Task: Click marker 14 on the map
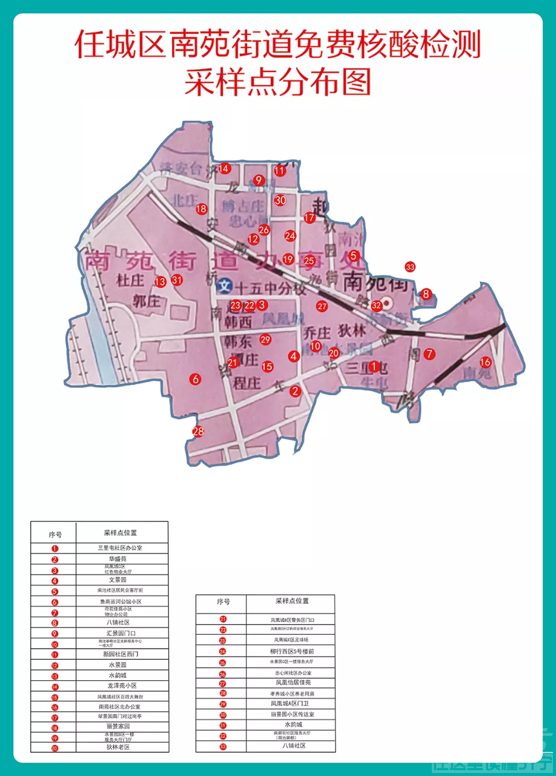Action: click(x=224, y=168)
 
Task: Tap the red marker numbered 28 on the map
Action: click(x=198, y=432)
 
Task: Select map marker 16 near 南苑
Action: click(x=485, y=362)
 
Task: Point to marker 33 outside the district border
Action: click(x=410, y=267)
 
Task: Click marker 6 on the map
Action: click(x=195, y=379)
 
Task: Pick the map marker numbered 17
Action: click(x=309, y=218)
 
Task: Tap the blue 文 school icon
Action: click(x=226, y=285)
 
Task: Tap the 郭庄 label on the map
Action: click(x=146, y=301)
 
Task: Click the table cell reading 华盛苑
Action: click(x=122, y=559)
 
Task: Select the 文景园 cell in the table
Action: click(x=122, y=580)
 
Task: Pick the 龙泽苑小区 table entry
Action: click(x=122, y=686)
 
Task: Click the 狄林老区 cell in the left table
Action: click(x=122, y=748)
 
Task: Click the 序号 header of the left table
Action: click(x=55, y=535)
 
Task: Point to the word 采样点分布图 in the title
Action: click(x=277, y=82)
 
